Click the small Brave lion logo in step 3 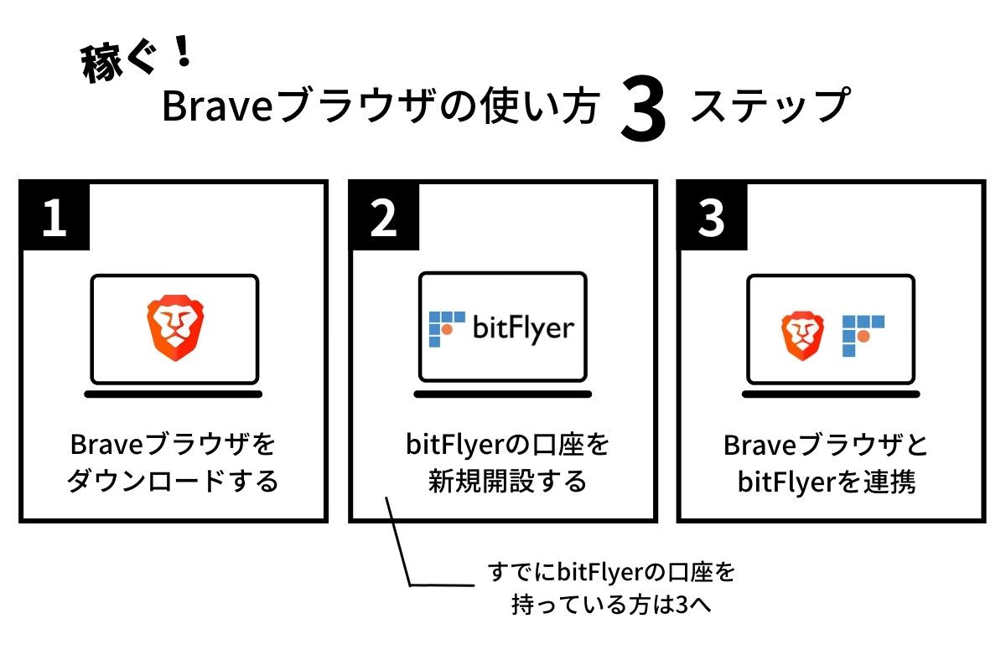pyautogui.click(x=803, y=334)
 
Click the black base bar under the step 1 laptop pyautogui.click(x=174, y=394)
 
